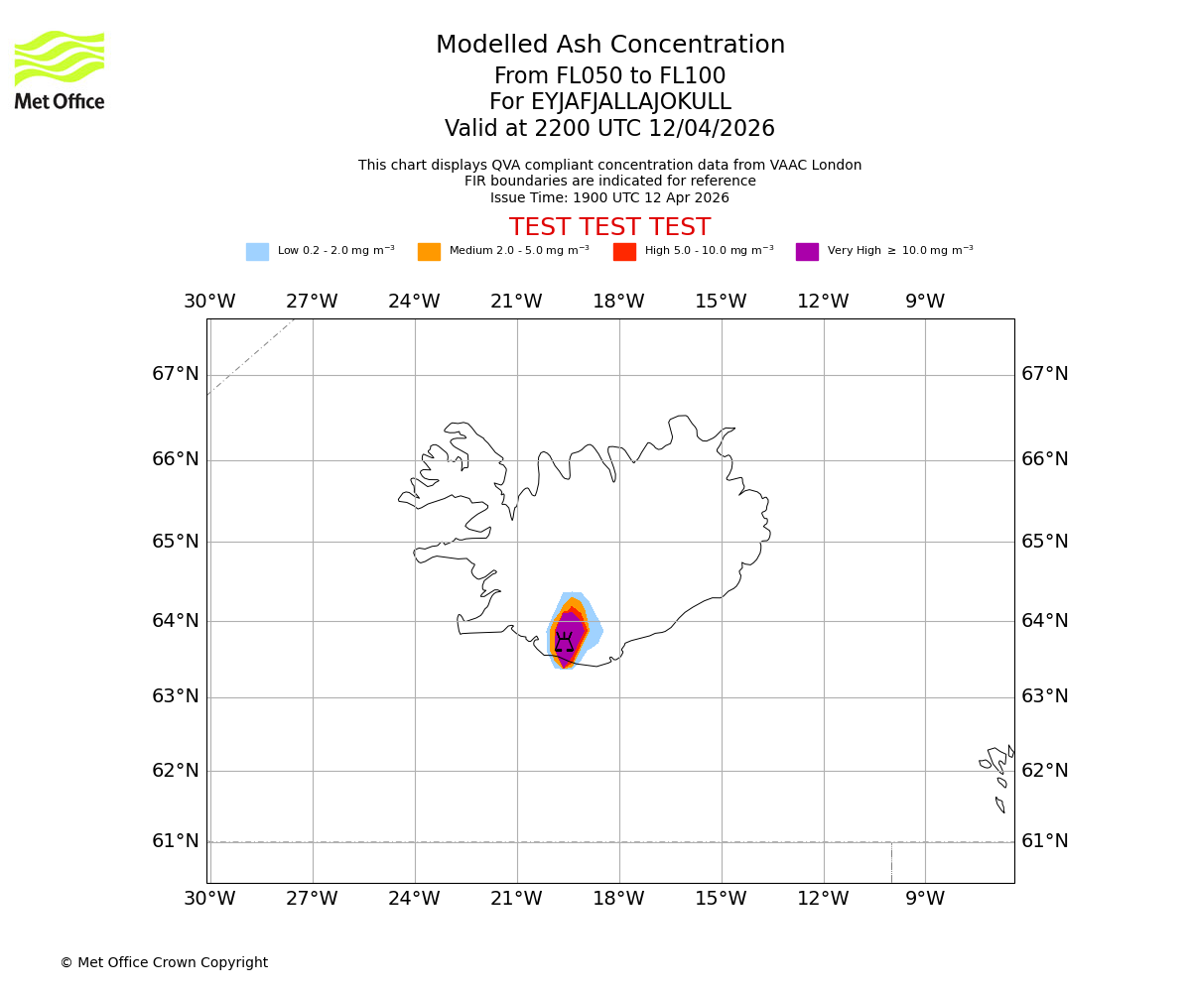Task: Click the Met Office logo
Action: click(x=60, y=69)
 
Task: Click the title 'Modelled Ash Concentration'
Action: click(x=610, y=46)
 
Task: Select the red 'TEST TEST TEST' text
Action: click(x=609, y=227)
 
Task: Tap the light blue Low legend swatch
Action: click(x=257, y=252)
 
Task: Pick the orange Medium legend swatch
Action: click(x=429, y=252)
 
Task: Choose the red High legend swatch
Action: click(x=624, y=252)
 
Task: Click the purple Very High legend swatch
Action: click(x=807, y=252)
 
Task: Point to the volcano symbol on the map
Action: click(x=564, y=643)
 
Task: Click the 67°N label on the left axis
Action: click(x=176, y=374)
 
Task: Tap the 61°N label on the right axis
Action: click(x=1045, y=841)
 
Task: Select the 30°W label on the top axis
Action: click(x=209, y=302)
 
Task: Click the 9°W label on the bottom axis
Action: click(x=925, y=899)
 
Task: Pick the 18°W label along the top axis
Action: click(x=618, y=302)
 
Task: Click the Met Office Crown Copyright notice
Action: click(x=164, y=963)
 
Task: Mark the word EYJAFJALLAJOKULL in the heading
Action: click(x=631, y=102)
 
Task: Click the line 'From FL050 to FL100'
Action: click(x=610, y=76)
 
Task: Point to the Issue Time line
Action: click(x=609, y=197)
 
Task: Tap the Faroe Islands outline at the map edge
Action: click(x=997, y=774)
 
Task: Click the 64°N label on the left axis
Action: click(x=176, y=621)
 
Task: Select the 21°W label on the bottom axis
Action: click(x=516, y=899)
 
